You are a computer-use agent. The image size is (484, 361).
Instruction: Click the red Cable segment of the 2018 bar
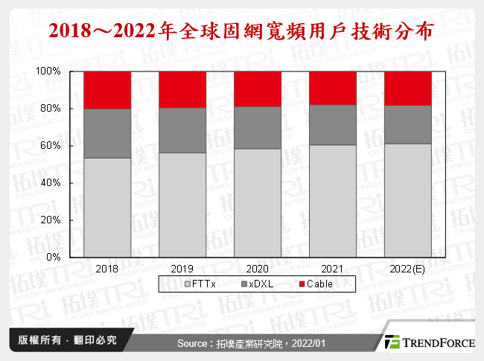pos(107,90)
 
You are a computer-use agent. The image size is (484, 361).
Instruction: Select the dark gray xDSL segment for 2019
pos(182,130)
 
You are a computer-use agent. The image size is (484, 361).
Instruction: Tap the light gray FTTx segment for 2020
pos(258,202)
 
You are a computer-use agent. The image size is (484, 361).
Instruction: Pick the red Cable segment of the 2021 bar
pos(333,88)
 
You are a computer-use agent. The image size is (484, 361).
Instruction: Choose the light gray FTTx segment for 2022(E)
pos(408,200)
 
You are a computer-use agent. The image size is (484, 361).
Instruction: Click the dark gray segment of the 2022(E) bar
pos(408,124)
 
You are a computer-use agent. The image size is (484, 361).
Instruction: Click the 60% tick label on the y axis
pos(51,146)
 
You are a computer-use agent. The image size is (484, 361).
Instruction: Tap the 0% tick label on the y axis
pos(54,257)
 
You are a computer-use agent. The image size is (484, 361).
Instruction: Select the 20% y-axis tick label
pos(51,220)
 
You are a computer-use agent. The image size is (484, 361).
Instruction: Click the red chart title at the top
pos(241,31)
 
